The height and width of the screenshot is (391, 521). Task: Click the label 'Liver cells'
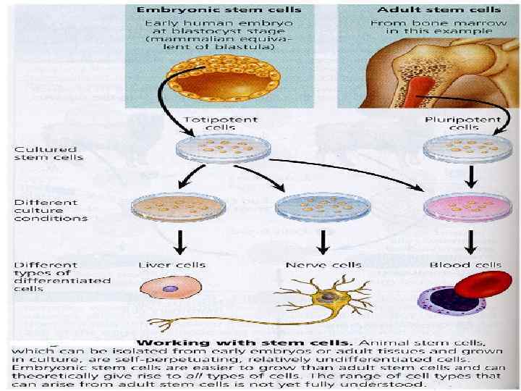[x=171, y=265]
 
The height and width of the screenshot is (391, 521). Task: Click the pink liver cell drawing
[x=167, y=288]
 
